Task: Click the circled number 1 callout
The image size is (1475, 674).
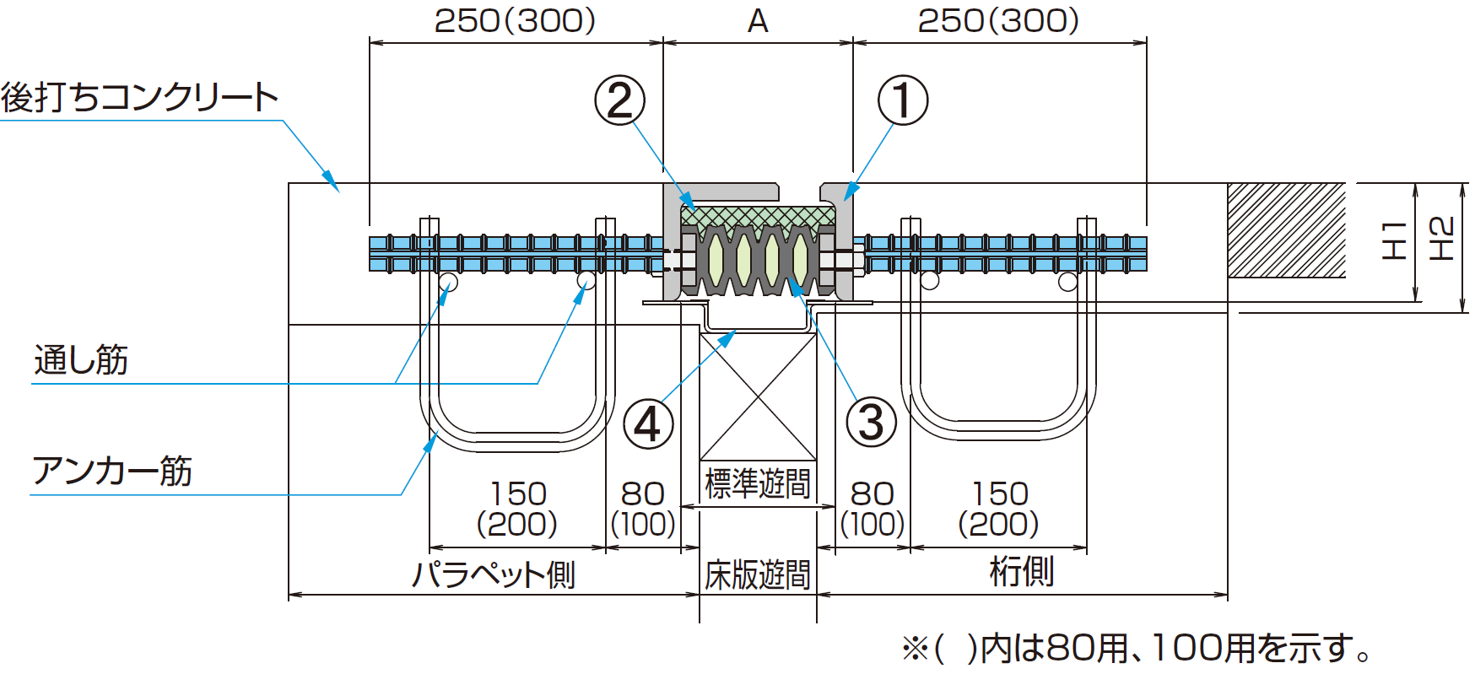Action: (903, 100)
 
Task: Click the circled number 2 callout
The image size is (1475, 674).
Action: (620, 100)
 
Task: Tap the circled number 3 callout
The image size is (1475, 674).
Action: (871, 422)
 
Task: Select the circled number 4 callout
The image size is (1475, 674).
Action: (648, 424)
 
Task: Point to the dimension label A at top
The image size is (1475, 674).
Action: (758, 21)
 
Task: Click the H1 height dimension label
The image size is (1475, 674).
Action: (1393, 240)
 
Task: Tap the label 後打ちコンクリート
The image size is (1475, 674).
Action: (140, 97)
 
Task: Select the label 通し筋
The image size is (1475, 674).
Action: (81, 360)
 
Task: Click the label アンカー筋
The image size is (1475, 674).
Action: (112, 471)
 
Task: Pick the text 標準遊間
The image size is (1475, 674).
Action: (757, 484)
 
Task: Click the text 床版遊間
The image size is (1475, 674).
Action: (757, 575)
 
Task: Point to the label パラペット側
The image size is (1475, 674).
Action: (494, 574)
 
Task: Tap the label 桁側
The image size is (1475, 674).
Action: (1021, 572)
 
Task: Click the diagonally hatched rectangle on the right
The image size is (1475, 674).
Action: (1286, 230)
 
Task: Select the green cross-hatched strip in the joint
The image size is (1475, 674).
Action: (758, 216)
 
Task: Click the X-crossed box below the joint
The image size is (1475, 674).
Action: (758, 396)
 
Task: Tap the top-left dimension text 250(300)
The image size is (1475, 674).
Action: (515, 21)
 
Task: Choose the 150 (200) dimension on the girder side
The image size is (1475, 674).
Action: (999, 509)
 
